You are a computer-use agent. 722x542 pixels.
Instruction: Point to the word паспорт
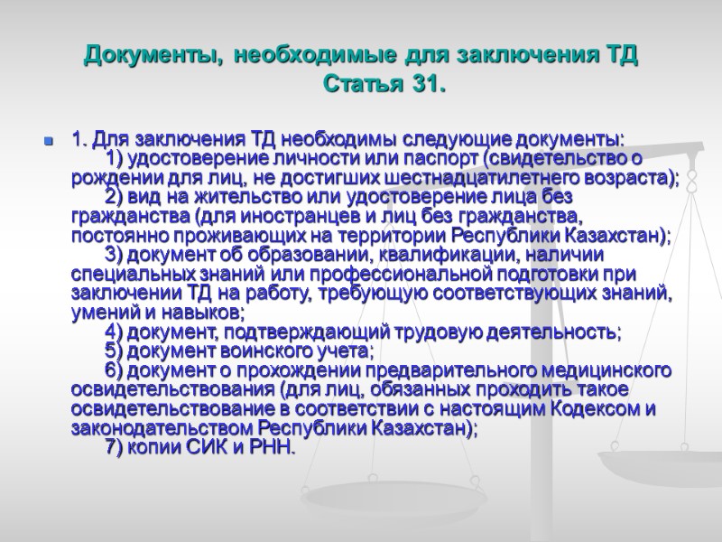tap(440, 159)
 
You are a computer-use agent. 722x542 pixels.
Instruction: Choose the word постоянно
tap(109, 235)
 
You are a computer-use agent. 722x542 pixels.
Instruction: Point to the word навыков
tap(201, 312)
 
